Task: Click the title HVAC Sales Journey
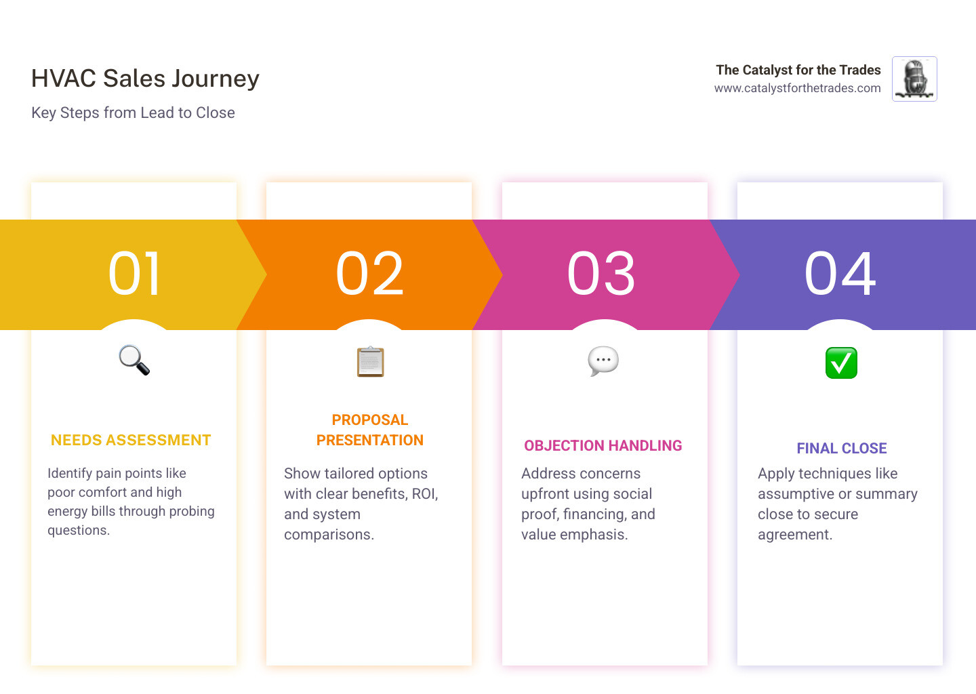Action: pyautogui.click(x=145, y=79)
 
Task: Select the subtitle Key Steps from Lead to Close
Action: pyautogui.click(x=133, y=113)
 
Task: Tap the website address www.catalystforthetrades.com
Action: pyautogui.click(x=797, y=88)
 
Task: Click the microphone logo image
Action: pyautogui.click(x=914, y=79)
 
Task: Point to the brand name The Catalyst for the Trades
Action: pyautogui.click(x=798, y=70)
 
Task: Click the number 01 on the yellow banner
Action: pyautogui.click(x=135, y=274)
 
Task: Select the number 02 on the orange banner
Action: pyautogui.click(x=370, y=274)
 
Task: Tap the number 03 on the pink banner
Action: pyautogui.click(x=602, y=274)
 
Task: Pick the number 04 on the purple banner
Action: pyautogui.click(x=840, y=274)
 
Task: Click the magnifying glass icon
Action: pyautogui.click(x=134, y=360)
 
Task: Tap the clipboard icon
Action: pyautogui.click(x=370, y=361)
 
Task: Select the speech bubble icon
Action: pyautogui.click(x=603, y=361)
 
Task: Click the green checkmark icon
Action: pyautogui.click(x=841, y=363)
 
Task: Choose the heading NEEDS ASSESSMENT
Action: pyautogui.click(x=131, y=441)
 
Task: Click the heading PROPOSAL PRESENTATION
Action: pyautogui.click(x=370, y=430)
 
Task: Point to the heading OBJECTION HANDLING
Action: pyautogui.click(x=603, y=446)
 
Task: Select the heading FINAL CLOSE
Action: pyautogui.click(x=841, y=449)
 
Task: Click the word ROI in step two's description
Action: pyautogui.click(x=424, y=494)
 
